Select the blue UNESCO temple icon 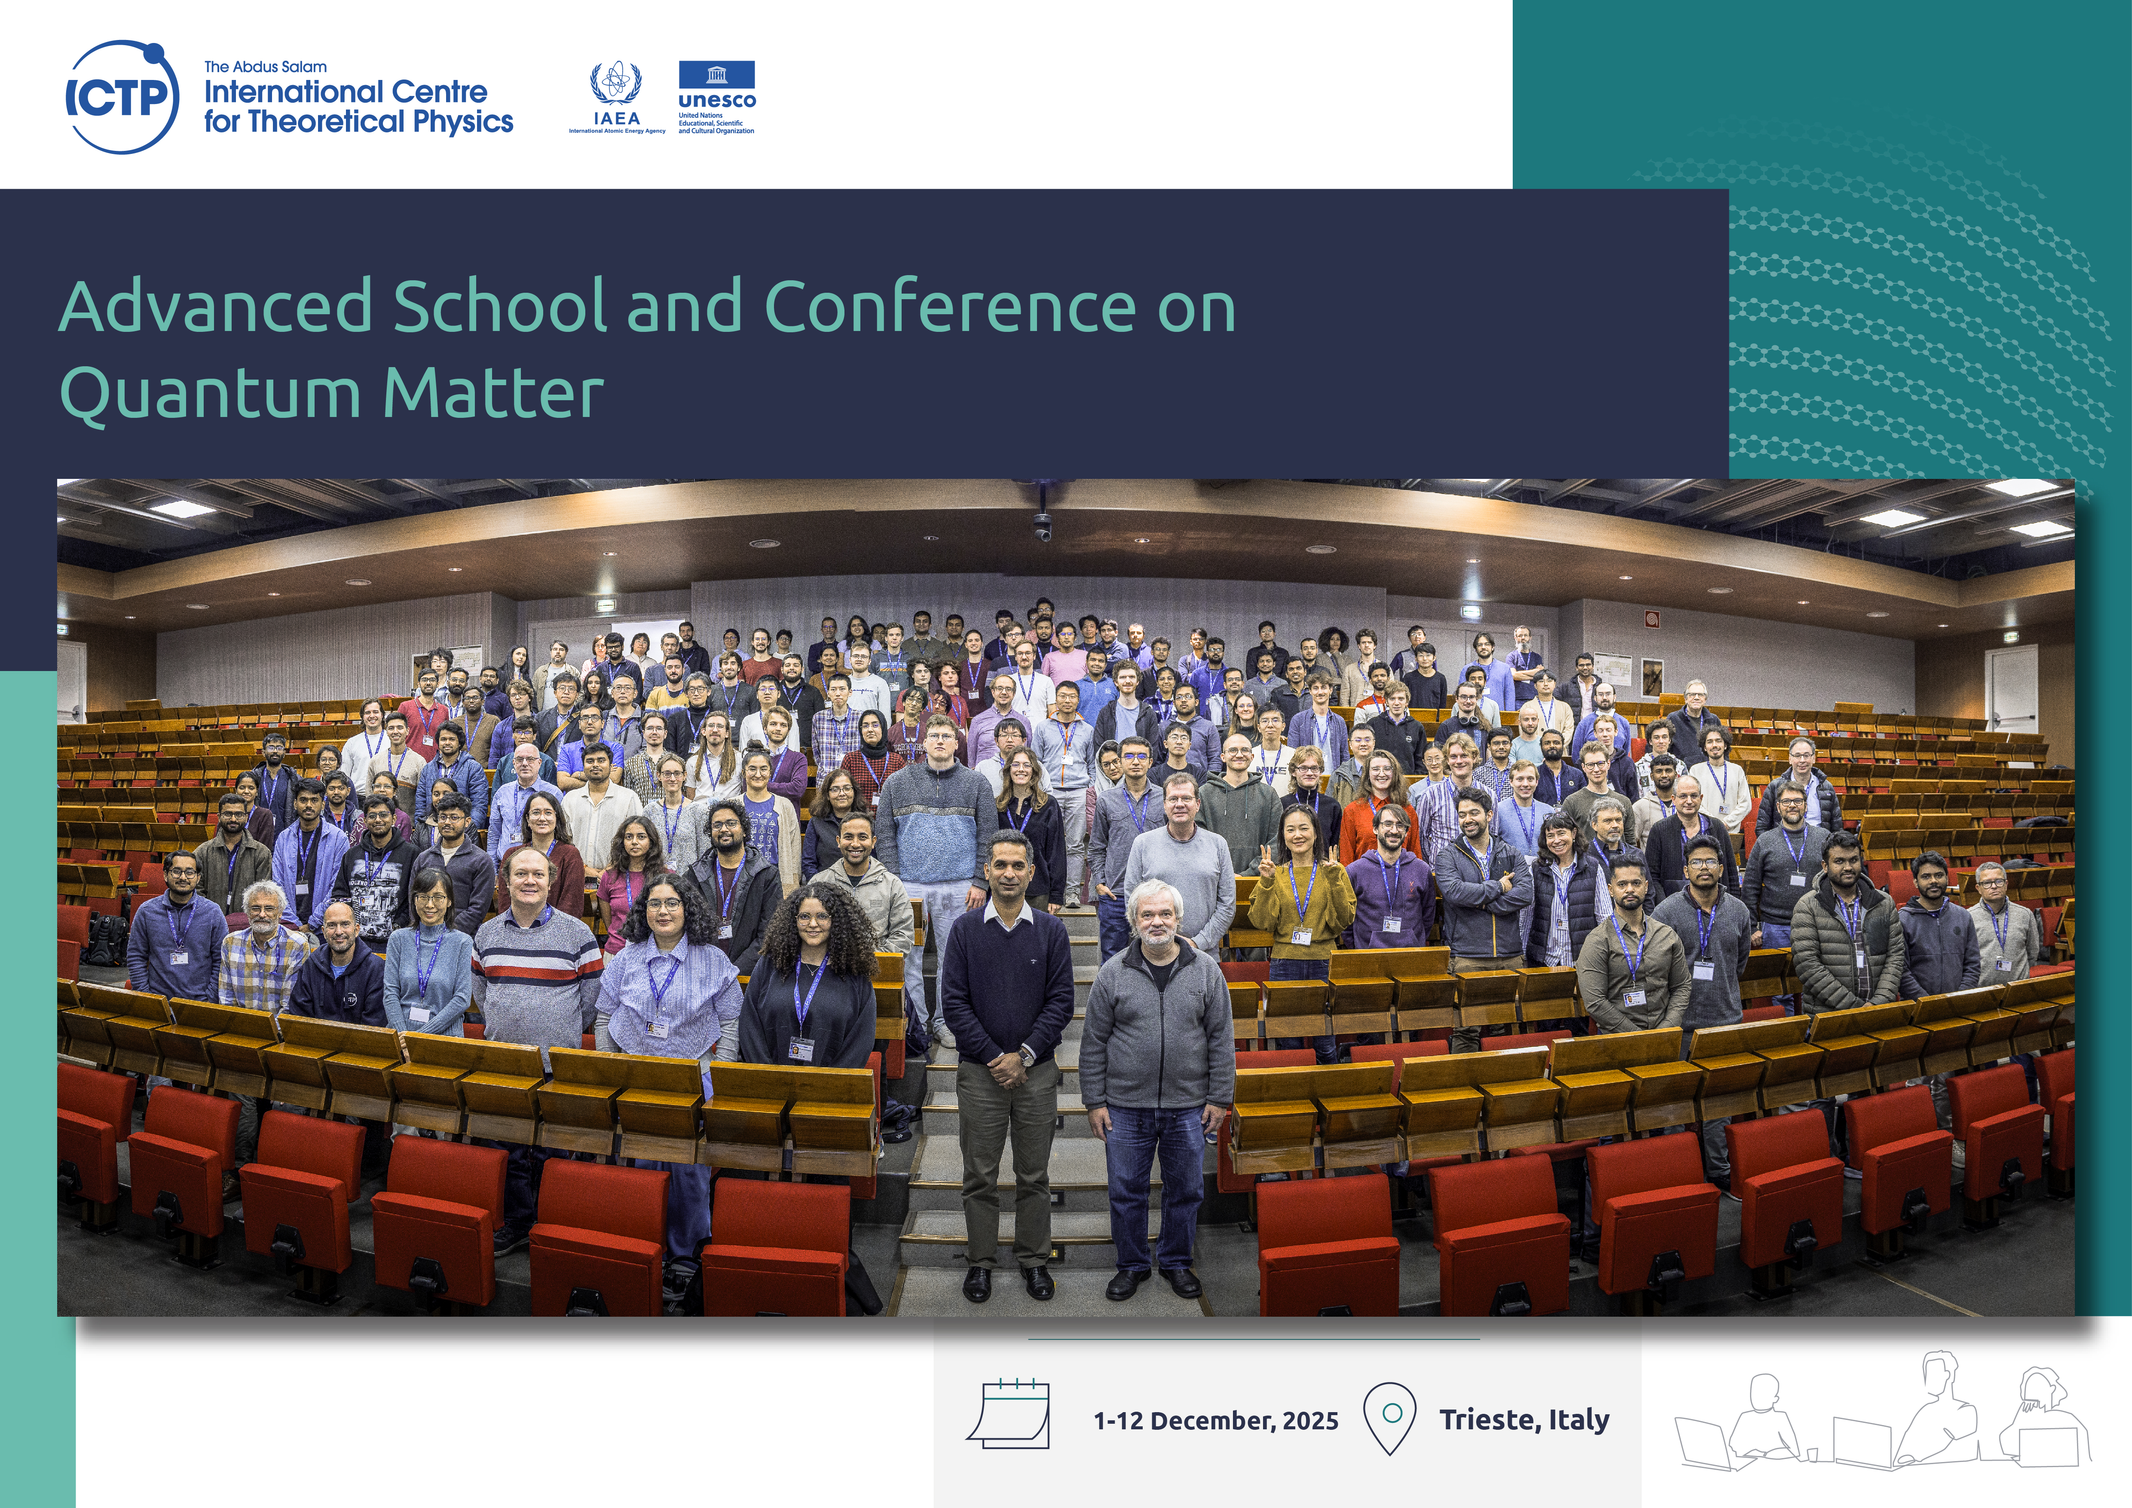pyautogui.click(x=717, y=74)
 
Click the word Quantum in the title pyautogui.click(x=210, y=394)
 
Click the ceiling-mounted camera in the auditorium pyautogui.click(x=1042, y=526)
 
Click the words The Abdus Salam pyautogui.click(x=266, y=67)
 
